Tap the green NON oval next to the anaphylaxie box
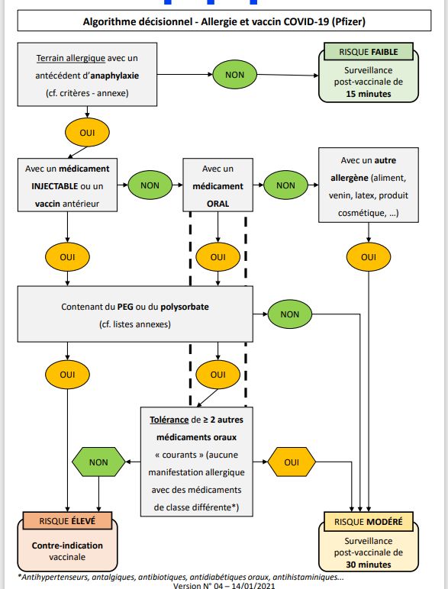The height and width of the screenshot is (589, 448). [234, 75]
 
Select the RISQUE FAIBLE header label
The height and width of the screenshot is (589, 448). [369, 52]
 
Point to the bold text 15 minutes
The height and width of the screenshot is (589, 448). [369, 94]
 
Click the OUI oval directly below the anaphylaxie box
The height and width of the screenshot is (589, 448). [87, 133]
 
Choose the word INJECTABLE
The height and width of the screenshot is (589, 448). [55, 186]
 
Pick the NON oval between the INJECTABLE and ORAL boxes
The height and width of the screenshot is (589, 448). [150, 185]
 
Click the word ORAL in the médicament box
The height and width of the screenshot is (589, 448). [218, 204]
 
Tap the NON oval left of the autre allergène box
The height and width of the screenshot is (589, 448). [285, 185]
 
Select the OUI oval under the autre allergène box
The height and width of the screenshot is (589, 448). [369, 257]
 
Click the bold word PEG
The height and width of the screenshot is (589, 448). [125, 307]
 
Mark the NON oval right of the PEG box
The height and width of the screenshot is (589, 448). [290, 314]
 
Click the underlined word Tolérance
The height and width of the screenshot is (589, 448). [169, 420]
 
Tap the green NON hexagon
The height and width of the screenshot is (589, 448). [98, 462]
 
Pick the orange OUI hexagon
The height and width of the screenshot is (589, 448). [292, 462]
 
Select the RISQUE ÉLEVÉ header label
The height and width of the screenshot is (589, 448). [67, 521]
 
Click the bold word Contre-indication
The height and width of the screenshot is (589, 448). [67, 546]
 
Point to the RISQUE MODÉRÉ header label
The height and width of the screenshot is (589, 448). [369, 522]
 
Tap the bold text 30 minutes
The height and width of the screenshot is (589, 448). [369, 565]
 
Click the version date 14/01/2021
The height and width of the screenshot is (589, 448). [253, 585]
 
